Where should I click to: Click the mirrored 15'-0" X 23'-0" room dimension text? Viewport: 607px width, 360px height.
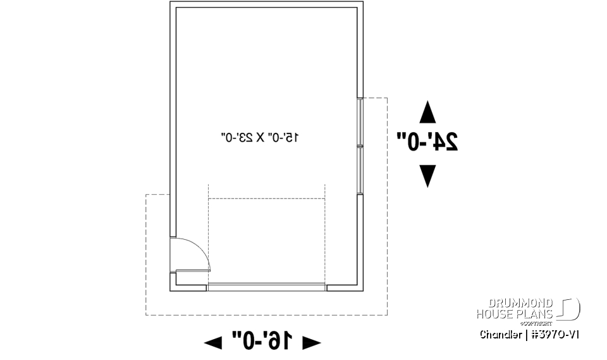(260, 137)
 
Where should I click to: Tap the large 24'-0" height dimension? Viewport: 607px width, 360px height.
(427, 141)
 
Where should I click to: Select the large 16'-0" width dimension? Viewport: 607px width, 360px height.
(262, 341)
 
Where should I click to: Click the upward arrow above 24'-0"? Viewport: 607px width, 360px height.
(427, 112)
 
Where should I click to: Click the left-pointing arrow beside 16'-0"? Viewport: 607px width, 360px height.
(213, 342)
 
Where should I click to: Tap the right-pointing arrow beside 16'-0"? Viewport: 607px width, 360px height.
(312, 342)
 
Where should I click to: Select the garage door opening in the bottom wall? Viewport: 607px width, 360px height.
(266, 287)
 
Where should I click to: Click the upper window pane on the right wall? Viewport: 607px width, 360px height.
(360, 122)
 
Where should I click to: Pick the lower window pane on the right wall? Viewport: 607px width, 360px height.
(360, 170)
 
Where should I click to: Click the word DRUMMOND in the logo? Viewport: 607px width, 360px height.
(520, 302)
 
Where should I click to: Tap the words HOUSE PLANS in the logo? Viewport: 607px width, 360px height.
(515, 314)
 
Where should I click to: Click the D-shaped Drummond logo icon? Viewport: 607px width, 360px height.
(570, 309)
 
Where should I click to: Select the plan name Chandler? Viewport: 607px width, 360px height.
(501, 335)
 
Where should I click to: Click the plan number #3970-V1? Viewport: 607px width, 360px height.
(555, 335)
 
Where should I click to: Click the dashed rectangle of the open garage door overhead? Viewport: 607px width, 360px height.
(266, 241)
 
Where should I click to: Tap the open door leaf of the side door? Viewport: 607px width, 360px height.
(193, 271)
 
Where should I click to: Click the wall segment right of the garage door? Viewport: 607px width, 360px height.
(345, 287)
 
